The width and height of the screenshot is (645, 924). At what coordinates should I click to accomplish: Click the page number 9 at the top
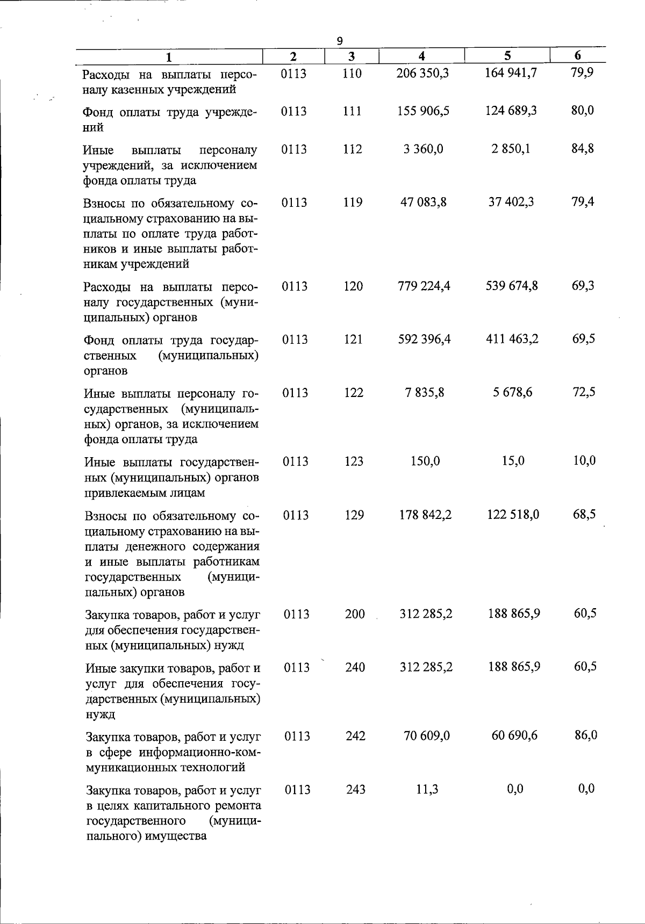[339, 41]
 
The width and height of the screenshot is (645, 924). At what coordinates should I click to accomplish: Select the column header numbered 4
[422, 55]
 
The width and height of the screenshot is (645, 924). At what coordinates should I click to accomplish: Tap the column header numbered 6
[577, 55]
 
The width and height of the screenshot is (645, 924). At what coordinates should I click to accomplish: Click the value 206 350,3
[422, 73]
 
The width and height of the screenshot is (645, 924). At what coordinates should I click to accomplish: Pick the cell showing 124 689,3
[511, 111]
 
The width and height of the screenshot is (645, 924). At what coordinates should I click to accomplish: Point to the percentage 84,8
[583, 149]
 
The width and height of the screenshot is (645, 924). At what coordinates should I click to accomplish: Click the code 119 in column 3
[353, 203]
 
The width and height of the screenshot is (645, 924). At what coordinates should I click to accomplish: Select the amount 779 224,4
[424, 286]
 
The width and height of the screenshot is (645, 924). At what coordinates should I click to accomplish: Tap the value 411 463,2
[512, 339]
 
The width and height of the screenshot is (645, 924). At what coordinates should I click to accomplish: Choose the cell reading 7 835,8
[425, 393]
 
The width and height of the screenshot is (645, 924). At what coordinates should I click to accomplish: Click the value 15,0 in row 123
[513, 461]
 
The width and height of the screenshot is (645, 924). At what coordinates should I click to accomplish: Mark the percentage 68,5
[584, 515]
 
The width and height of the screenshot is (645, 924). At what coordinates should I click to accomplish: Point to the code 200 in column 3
[355, 613]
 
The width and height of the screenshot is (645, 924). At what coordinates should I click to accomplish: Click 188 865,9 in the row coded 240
[514, 667]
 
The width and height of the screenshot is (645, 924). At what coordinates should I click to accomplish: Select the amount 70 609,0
[426, 735]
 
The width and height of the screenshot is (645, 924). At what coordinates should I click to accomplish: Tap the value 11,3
[427, 789]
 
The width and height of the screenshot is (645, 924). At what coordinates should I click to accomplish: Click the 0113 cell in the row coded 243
[297, 789]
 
